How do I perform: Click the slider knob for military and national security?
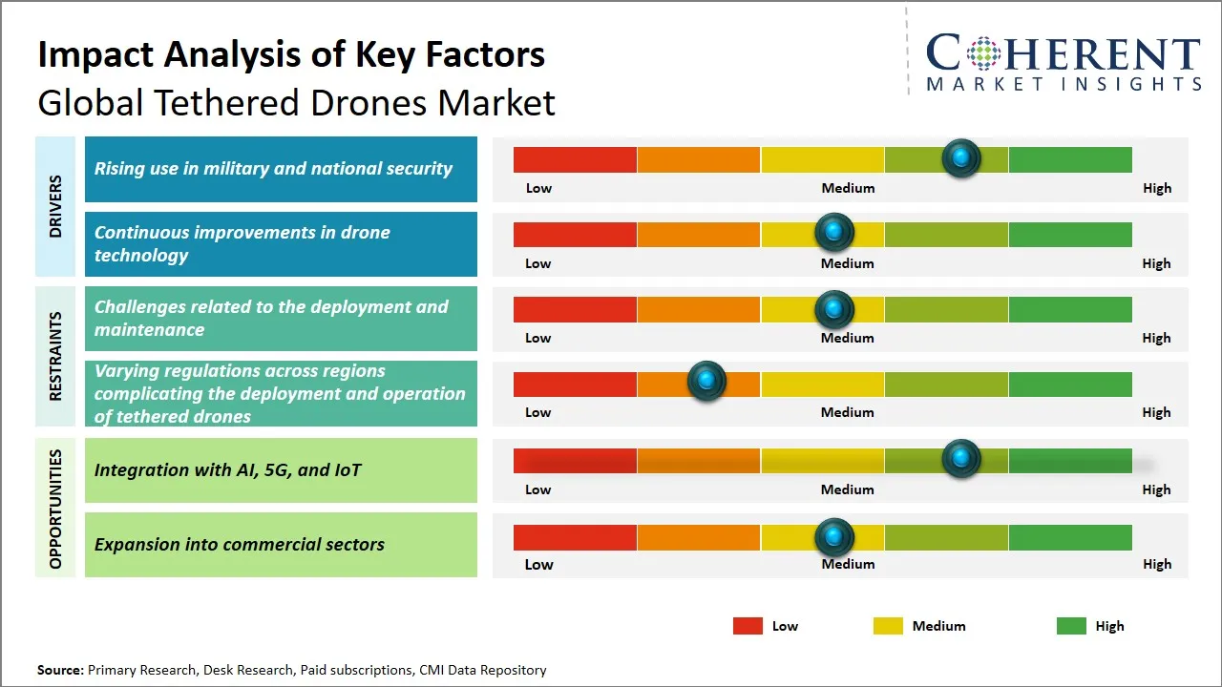[961, 157]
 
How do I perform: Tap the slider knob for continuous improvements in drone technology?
[834, 232]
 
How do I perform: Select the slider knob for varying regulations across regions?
[706, 382]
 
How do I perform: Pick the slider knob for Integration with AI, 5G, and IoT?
[961, 459]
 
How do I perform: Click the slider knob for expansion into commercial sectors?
[834, 537]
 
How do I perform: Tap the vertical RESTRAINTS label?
[55, 355]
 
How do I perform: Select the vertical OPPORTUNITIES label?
[55, 509]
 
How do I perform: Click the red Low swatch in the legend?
[748, 626]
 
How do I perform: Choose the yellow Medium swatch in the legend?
[888, 626]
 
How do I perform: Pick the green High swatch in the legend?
[1071, 626]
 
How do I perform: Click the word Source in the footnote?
[60, 671]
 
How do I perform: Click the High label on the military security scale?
[1156, 188]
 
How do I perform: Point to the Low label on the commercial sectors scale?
[538, 564]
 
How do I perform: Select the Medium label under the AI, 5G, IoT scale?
[847, 489]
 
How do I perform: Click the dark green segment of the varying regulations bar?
[1069, 384]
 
